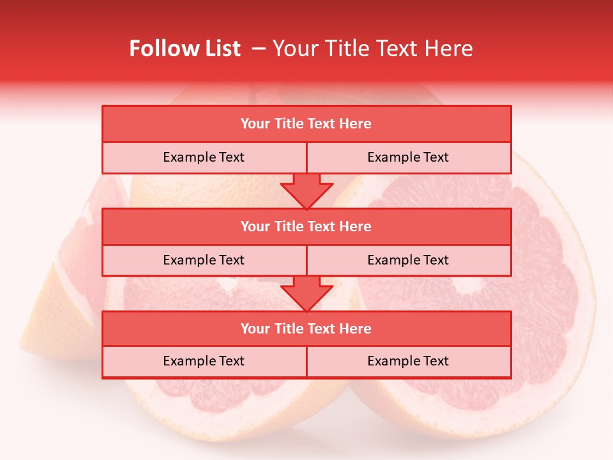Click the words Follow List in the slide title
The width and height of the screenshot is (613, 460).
(185, 49)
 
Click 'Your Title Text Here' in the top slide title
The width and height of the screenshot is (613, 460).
(373, 49)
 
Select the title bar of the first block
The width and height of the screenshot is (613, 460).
(306, 124)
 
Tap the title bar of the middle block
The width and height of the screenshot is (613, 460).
(306, 226)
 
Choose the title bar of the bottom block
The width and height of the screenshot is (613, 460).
(306, 328)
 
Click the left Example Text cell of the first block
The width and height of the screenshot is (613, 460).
(204, 158)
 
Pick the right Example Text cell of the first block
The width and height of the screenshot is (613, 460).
(408, 158)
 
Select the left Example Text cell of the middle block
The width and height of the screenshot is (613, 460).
(204, 260)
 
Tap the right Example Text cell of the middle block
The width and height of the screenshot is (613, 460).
(408, 260)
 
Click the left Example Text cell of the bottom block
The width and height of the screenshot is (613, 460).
(204, 361)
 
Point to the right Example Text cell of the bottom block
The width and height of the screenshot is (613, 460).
(408, 361)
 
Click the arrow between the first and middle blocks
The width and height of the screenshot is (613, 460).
(306, 192)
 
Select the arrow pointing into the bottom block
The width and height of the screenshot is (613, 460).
(306, 294)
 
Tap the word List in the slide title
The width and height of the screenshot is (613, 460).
(220, 49)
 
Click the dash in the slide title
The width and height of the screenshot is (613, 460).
(259, 49)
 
